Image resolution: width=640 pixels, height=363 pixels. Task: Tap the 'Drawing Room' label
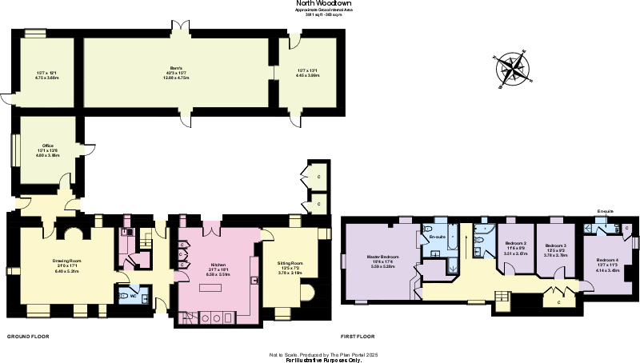point(68,261)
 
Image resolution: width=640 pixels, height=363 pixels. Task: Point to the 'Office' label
point(47,146)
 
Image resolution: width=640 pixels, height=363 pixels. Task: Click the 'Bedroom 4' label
point(607,260)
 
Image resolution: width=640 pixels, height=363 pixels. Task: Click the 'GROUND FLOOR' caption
point(28,337)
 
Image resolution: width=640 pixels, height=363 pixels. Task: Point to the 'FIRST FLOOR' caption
point(360,337)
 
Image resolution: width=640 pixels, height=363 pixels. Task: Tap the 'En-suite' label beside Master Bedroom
point(437,237)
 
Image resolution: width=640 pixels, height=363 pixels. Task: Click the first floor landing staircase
point(502,299)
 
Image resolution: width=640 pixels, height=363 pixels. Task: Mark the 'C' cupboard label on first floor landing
point(557,303)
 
